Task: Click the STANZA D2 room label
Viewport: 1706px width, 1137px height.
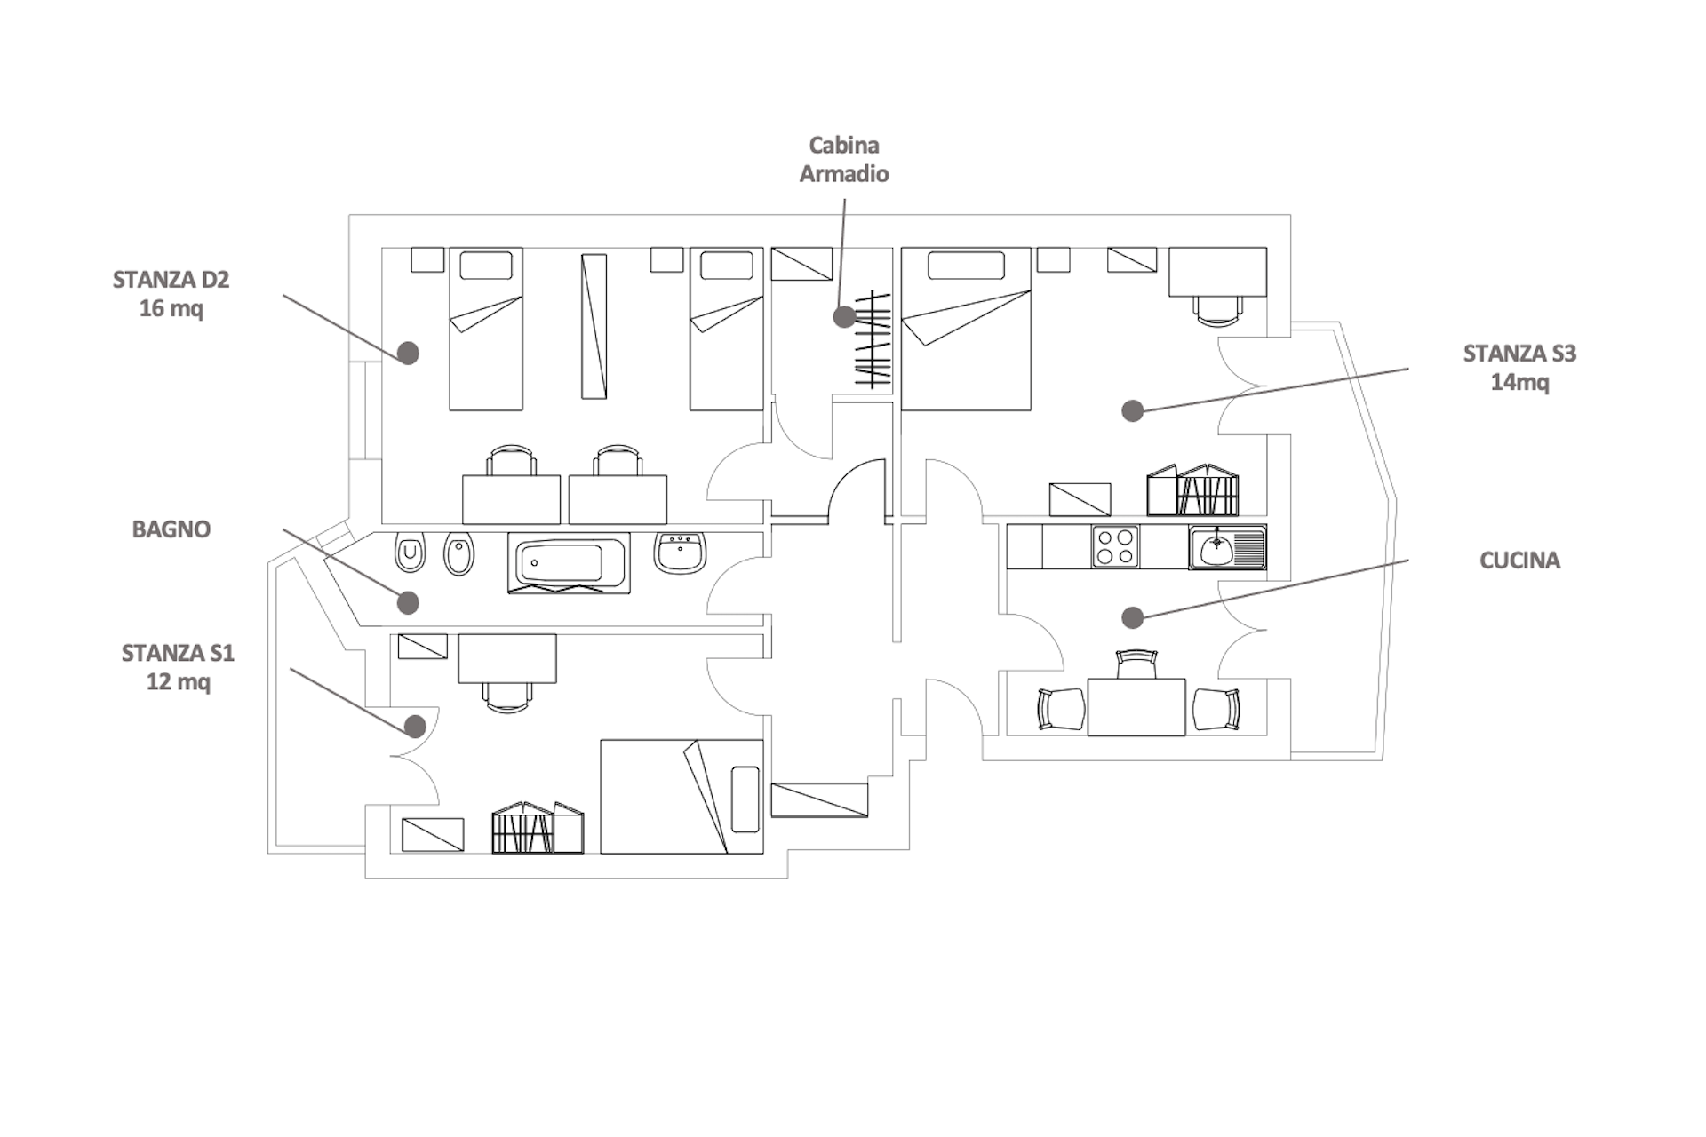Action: (171, 294)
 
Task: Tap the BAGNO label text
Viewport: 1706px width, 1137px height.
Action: (171, 529)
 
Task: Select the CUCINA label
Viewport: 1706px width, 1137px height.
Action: (1519, 561)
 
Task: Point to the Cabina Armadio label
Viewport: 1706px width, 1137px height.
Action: (844, 160)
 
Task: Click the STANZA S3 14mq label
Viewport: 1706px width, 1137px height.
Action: (1519, 368)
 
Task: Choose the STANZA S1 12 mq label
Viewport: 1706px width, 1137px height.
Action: (178, 668)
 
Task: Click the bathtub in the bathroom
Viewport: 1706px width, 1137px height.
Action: (569, 563)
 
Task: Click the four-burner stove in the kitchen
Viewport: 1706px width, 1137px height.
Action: (1115, 547)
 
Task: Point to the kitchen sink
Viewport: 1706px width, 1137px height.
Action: (1227, 547)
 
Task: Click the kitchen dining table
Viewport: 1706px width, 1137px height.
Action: (1136, 707)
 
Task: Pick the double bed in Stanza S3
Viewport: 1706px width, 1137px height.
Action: (966, 330)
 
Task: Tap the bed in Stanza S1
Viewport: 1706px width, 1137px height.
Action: (682, 797)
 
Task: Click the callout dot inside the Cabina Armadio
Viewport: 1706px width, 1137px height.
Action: (844, 316)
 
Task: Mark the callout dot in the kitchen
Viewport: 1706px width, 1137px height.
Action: (1132, 617)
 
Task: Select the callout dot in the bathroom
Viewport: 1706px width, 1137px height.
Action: (408, 603)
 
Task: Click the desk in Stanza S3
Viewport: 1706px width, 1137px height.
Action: (1217, 272)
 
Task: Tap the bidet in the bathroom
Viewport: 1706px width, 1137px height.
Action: (458, 553)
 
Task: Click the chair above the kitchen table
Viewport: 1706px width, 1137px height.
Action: (1136, 664)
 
